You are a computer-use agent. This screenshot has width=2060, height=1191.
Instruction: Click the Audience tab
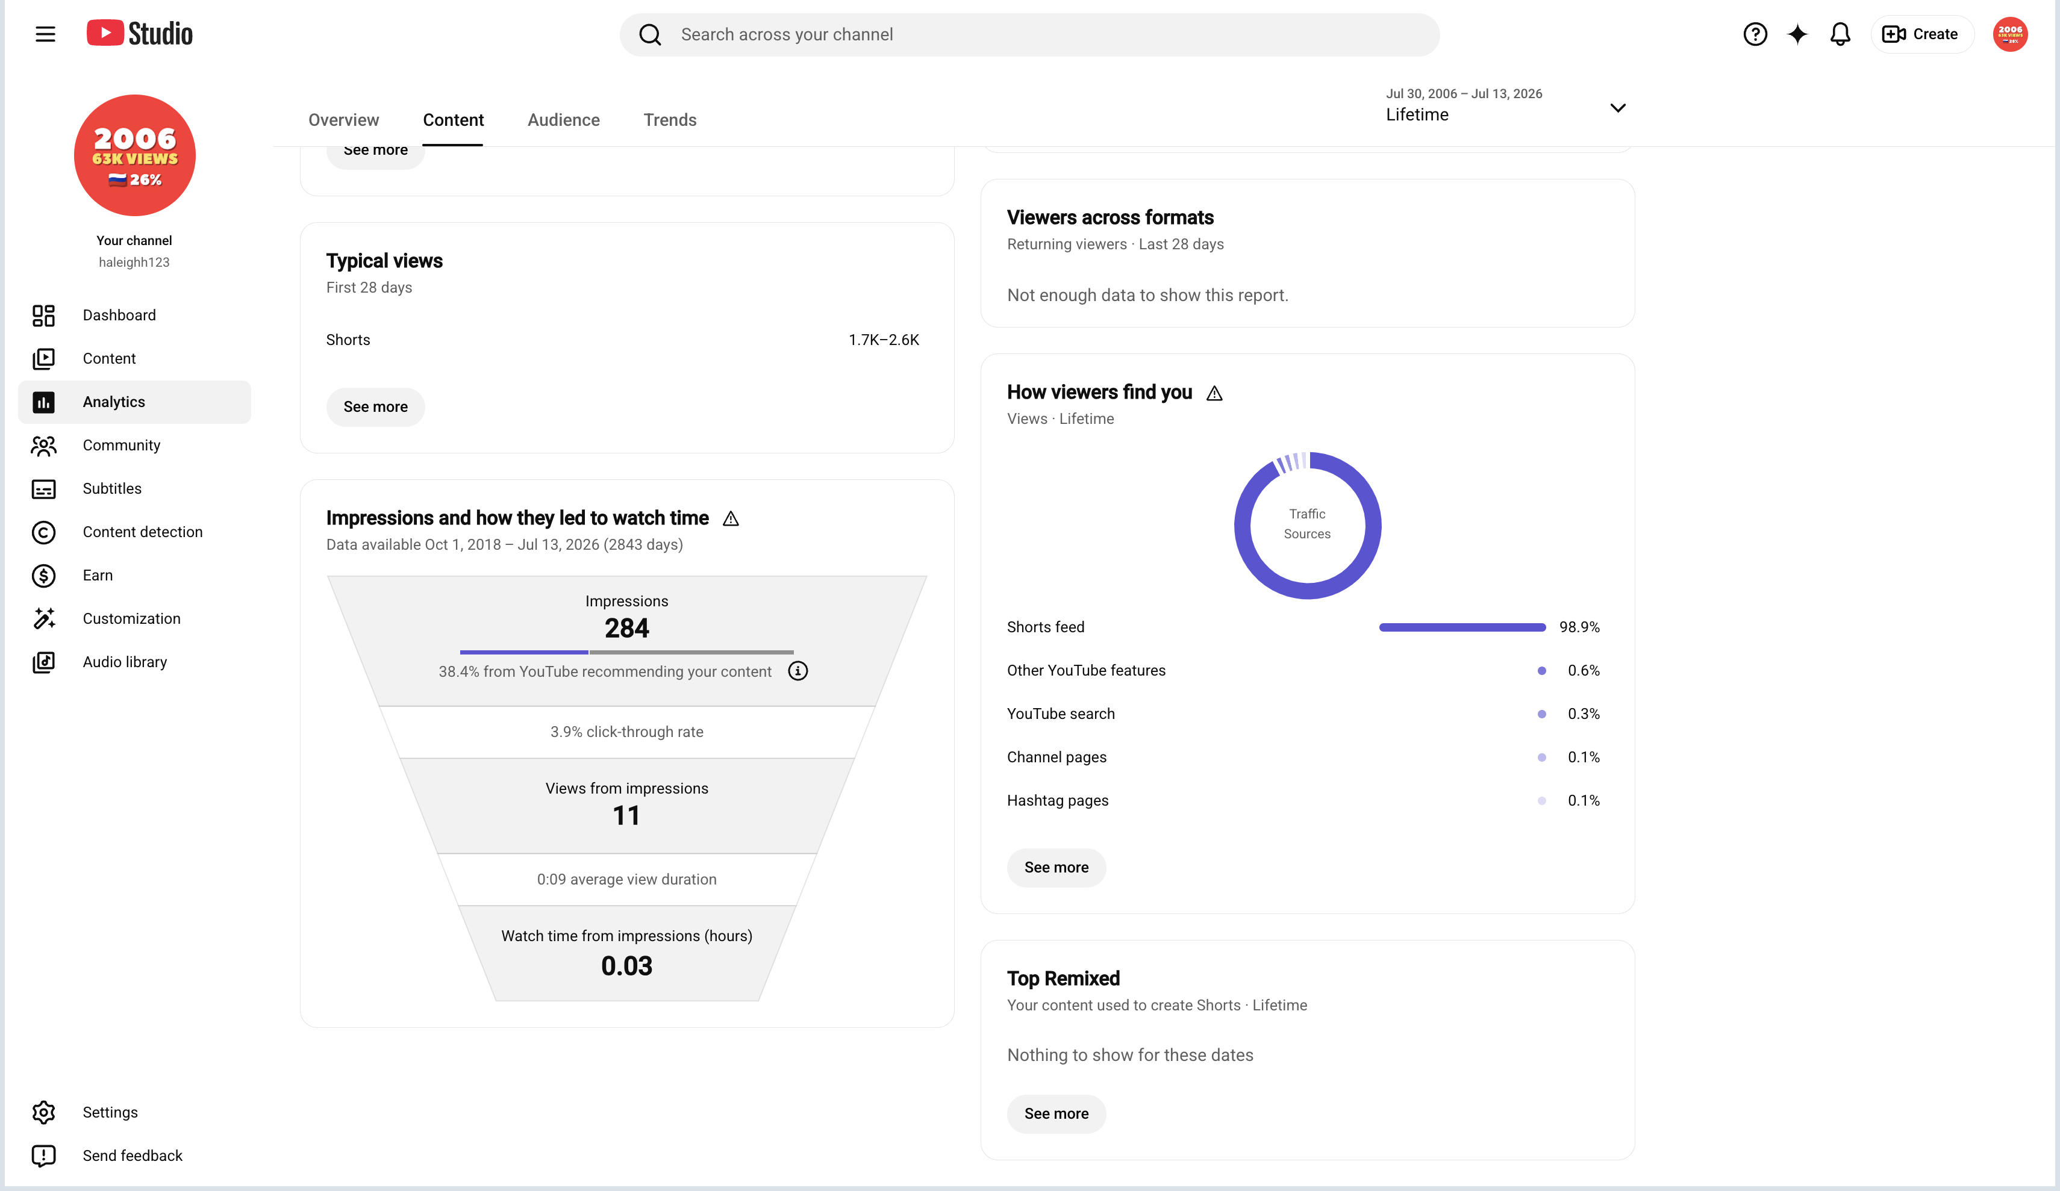tap(563, 120)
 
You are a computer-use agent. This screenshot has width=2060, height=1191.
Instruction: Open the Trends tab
tap(670, 120)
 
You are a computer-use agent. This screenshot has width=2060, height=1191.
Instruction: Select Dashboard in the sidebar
tap(119, 316)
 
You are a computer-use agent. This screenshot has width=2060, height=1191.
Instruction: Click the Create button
tap(1920, 34)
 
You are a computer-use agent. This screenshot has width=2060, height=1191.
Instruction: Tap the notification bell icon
tap(1840, 34)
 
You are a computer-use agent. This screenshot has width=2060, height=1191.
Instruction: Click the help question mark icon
tap(1754, 34)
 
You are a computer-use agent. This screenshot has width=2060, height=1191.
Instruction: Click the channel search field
tap(1029, 34)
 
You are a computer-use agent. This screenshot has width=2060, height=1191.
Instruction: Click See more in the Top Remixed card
tap(1056, 1113)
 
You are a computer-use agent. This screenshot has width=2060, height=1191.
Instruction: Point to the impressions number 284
tap(627, 628)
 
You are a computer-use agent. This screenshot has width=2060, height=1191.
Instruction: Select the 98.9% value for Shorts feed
tap(1579, 627)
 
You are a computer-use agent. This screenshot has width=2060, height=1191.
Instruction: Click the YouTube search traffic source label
tap(1060, 714)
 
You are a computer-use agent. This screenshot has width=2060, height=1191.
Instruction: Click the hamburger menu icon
tap(45, 34)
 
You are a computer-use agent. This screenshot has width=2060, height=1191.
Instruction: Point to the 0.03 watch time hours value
tap(627, 966)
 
